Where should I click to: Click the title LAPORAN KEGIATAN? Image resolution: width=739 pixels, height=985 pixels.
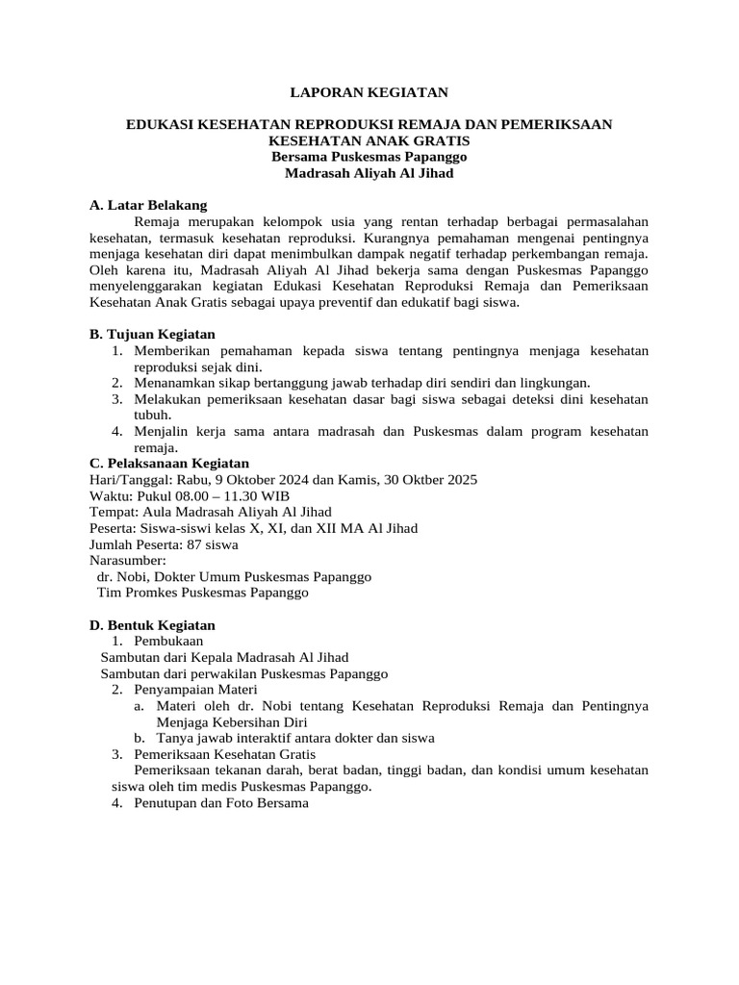point(369,92)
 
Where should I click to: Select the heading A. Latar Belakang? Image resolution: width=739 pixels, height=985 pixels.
point(147,205)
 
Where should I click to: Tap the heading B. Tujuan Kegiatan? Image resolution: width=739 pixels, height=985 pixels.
point(152,334)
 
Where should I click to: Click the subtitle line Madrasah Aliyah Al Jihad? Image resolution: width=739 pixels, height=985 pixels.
point(369,173)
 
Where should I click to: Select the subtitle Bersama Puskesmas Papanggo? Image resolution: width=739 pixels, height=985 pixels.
point(369,157)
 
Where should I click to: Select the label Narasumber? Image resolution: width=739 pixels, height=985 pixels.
point(127,560)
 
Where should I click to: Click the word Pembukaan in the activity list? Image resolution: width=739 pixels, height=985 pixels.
point(168,641)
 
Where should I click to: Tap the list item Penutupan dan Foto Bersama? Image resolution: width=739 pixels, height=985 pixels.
point(221,802)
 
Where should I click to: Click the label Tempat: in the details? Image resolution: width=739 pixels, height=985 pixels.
point(113,512)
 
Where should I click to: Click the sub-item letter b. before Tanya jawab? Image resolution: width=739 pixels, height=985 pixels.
point(140,738)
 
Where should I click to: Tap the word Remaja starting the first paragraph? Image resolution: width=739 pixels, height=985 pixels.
point(160,221)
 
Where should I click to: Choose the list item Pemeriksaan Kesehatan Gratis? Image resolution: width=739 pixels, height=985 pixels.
point(225,754)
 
